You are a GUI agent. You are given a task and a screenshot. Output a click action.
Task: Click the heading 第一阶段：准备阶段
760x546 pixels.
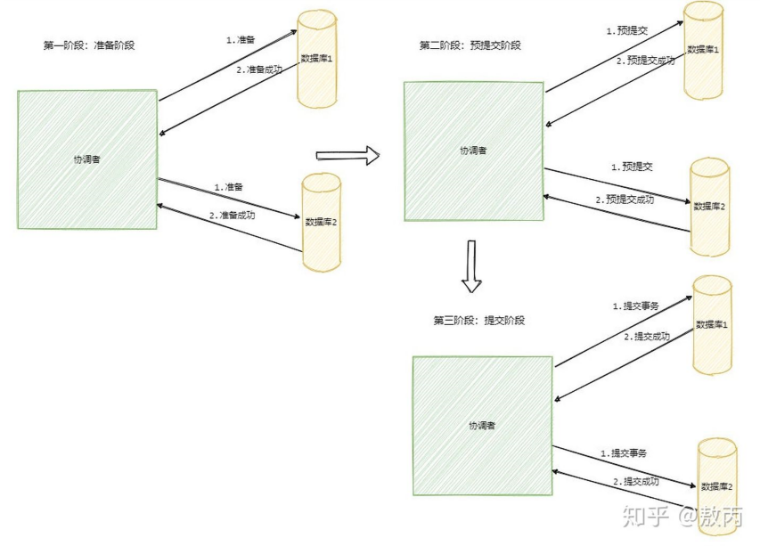[89, 45]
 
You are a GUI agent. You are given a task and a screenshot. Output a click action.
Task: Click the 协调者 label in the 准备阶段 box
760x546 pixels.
[86, 159]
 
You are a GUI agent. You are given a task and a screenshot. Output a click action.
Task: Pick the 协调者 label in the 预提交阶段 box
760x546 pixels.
[473, 151]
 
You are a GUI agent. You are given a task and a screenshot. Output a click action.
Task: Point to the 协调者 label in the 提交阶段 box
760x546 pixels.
[482, 425]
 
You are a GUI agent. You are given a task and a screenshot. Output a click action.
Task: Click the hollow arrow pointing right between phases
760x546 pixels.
[347, 156]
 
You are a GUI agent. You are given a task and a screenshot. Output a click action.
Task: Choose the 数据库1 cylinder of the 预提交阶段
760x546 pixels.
[703, 52]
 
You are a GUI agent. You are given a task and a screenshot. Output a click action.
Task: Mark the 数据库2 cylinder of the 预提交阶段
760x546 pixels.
[710, 207]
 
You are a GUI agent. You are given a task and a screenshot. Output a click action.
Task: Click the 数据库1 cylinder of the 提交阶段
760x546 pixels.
[712, 324]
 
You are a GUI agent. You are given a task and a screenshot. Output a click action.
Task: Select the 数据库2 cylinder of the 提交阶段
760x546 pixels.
[716, 486]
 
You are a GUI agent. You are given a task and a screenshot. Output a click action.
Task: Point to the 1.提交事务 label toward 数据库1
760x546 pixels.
[635, 306]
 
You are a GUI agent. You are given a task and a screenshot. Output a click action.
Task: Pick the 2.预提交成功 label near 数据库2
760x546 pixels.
[625, 200]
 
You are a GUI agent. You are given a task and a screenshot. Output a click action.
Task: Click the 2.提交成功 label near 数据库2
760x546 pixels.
[636, 482]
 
